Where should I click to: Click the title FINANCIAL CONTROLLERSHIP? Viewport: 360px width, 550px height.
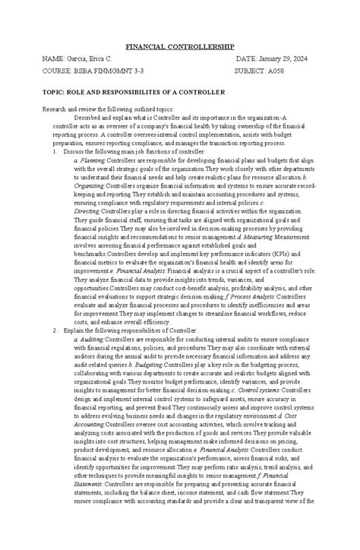point(179,46)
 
